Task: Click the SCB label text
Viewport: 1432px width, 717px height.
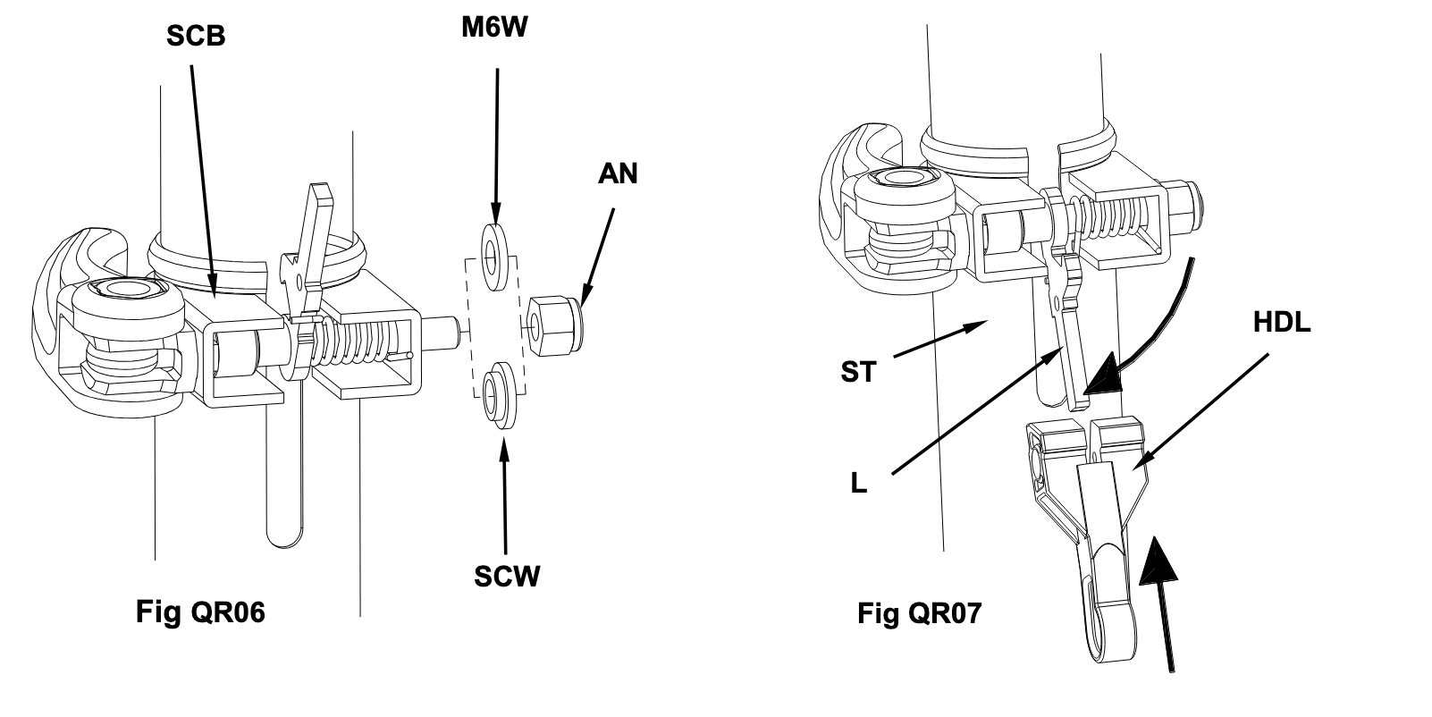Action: pyautogui.click(x=196, y=36)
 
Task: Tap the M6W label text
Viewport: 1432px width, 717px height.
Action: pyautogui.click(x=495, y=28)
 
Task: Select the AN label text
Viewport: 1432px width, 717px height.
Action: pyautogui.click(x=618, y=173)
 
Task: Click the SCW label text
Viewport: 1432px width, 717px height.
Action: pyautogui.click(x=507, y=577)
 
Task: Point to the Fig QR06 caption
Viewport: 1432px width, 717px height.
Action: pyautogui.click(x=200, y=612)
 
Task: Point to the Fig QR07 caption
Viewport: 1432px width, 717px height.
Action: pyautogui.click(x=919, y=613)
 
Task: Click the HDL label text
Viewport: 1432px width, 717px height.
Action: pyautogui.click(x=1282, y=323)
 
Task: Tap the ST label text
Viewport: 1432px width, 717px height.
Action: pyautogui.click(x=858, y=372)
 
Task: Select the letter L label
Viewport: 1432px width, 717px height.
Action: pyautogui.click(x=858, y=485)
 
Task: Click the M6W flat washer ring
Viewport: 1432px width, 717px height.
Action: pyautogui.click(x=495, y=257)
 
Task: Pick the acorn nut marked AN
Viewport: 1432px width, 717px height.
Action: pyautogui.click(x=555, y=325)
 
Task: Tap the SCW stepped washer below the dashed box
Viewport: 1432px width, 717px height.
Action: pyautogui.click(x=500, y=394)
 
